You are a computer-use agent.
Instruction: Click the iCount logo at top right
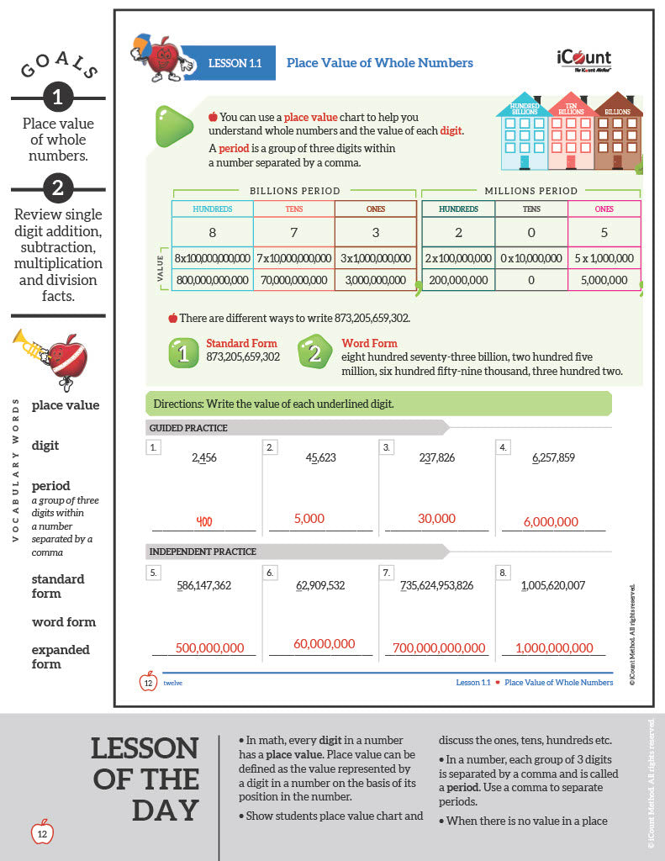pos(583,60)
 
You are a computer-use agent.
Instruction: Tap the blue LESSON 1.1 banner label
pos(229,63)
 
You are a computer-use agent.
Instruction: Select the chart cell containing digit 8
pos(212,231)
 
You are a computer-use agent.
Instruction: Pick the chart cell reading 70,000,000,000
pos(293,280)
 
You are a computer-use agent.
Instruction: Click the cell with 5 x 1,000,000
pos(604,258)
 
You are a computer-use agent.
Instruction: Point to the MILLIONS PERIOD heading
pos(530,191)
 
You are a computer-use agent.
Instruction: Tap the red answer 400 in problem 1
pos(203,521)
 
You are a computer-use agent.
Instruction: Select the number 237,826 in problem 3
pos(436,457)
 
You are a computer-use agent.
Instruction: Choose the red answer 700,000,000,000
pos(439,647)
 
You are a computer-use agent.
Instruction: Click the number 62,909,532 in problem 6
pos(320,584)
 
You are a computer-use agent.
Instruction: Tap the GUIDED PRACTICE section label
pos(188,428)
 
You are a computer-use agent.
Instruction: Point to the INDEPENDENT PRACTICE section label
pos(203,552)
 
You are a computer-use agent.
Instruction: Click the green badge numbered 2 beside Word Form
pos(314,353)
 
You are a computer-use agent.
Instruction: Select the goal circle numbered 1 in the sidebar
pos(57,98)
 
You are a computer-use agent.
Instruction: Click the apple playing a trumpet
pos(55,357)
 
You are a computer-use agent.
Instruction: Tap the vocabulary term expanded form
pos(61,657)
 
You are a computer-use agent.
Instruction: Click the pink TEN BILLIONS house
pos(572,131)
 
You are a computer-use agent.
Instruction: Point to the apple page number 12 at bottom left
pos(42,833)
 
